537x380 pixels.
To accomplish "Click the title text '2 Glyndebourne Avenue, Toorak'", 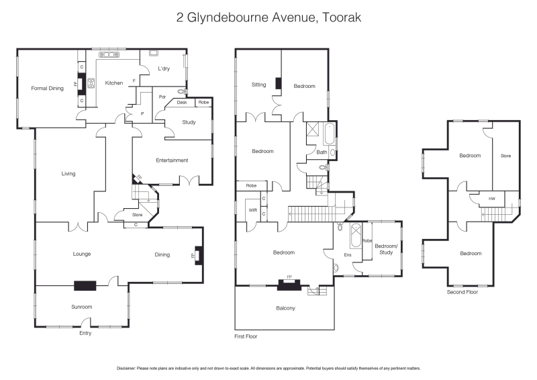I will (x=268, y=17).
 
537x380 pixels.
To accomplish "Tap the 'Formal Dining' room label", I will (x=47, y=88).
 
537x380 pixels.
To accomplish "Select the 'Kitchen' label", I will (x=114, y=83).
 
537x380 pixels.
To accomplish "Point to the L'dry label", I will (x=164, y=69).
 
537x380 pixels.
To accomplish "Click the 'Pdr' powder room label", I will (x=162, y=97).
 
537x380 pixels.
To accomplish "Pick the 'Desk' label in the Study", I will (x=182, y=102).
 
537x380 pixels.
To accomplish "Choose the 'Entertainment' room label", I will (x=172, y=160).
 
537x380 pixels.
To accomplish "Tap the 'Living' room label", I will (x=68, y=174).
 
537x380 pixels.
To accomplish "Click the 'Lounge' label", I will (x=82, y=254).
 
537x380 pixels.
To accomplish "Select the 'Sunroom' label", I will (x=82, y=306).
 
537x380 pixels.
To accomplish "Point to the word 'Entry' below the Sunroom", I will (x=85, y=333).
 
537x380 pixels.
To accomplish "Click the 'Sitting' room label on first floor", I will (x=258, y=85).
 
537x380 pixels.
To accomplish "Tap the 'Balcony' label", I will (x=285, y=308).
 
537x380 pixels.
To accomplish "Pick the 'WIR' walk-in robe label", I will (x=253, y=210).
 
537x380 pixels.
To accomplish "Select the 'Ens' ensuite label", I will (x=348, y=255).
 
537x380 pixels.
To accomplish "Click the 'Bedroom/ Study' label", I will (x=385, y=249).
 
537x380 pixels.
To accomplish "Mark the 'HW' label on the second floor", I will (x=492, y=199).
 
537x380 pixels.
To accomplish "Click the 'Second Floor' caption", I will (x=462, y=292).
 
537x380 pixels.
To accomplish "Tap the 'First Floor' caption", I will (x=246, y=336).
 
